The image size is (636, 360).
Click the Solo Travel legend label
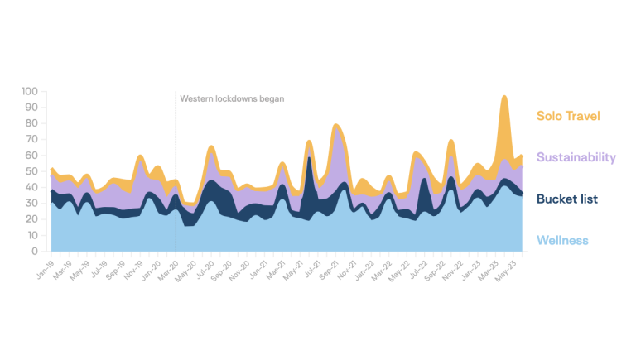(568, 116)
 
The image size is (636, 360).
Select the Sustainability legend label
(576, 157)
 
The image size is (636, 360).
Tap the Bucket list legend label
(567, 199)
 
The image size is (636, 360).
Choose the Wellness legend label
(562, 241)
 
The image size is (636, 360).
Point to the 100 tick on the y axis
(31, 91)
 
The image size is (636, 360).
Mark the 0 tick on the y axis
(36, 251)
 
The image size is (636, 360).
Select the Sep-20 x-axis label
(221, 267)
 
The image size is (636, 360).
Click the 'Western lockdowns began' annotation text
(232, 98)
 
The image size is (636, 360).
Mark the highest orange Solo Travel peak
(504, 97)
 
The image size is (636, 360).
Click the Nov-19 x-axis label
(132, 267)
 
